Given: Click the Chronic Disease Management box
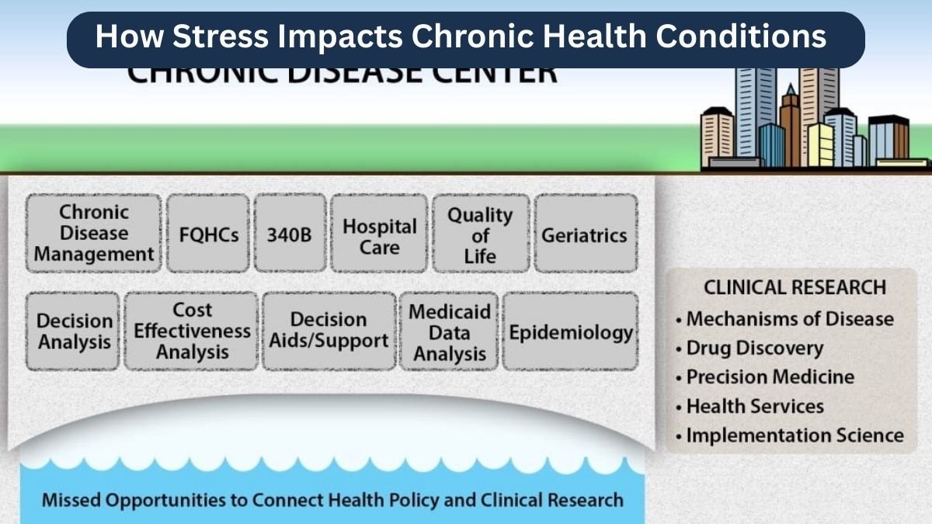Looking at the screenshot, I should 94,233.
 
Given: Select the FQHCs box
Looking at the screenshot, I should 208,234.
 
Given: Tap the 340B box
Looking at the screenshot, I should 289,234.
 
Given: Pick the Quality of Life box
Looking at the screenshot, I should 481,234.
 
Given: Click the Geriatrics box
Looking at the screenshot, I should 584,234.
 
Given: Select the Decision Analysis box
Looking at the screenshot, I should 75,331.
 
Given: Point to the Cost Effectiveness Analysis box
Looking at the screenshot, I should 192,331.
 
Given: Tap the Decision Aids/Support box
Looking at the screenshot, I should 329,331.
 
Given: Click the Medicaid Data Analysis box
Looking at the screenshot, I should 450,331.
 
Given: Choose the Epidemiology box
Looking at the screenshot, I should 570,331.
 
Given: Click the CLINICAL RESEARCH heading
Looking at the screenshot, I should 794,287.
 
